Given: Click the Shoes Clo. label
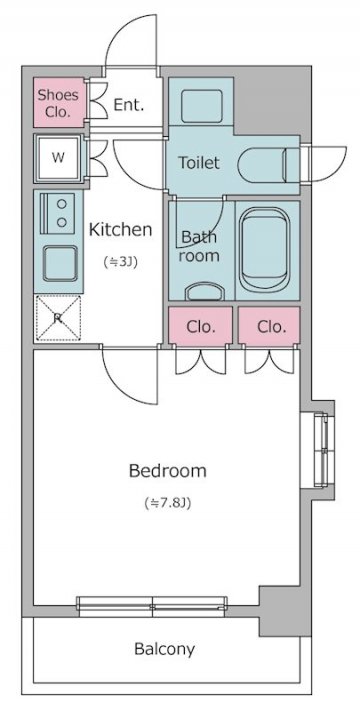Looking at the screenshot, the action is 58,103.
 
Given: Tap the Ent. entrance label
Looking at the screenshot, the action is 129,105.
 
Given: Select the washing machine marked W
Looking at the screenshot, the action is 58,158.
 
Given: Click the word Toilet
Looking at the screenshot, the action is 199,162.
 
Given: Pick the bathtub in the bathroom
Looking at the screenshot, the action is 264,250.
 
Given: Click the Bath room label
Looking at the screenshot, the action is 199,246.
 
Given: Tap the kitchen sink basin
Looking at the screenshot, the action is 60,263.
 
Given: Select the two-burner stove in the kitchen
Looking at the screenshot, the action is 58,213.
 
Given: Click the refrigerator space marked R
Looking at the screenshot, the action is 58,318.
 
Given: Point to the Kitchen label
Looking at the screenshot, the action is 120,230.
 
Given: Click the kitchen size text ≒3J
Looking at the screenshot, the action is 121,262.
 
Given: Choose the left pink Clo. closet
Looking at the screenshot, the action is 200,325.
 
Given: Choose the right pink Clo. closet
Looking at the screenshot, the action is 269,325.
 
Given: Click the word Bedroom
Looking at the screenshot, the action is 168,471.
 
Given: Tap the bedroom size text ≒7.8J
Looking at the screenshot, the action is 168,503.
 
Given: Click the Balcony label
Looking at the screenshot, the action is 165,649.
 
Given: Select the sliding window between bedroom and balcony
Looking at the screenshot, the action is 152,606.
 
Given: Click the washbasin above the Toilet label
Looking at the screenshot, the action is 202,106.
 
